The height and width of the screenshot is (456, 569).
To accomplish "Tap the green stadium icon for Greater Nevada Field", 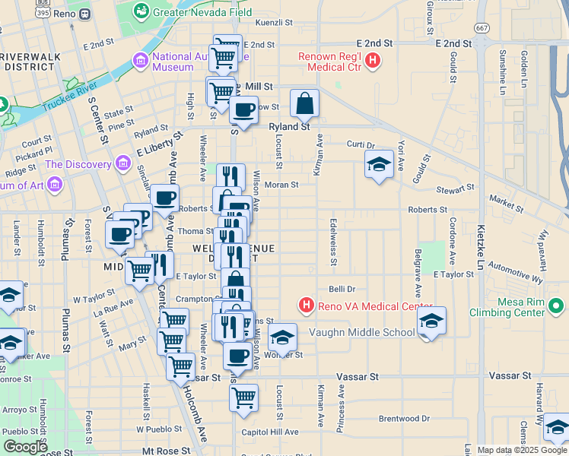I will point(141,11).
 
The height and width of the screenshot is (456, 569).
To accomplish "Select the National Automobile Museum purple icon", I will point(139,60).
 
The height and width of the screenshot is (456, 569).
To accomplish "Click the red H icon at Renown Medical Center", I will point(373,60).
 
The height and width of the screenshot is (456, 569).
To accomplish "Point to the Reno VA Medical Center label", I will point(370,306).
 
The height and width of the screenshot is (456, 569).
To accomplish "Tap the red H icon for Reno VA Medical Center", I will point(307,306).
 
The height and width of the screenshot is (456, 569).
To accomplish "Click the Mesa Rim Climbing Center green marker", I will point(557,306).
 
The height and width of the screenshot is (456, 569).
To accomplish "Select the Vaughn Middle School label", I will point(362,332).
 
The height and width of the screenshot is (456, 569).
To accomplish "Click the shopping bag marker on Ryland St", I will point(304,103).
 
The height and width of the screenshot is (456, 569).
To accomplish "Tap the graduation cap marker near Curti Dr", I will point(379,164).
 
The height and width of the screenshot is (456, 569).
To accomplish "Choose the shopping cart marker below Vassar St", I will point(243,397).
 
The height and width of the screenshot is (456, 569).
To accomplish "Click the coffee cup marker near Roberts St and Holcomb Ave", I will point(164,198).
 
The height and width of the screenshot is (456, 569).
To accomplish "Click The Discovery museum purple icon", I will point(122,164).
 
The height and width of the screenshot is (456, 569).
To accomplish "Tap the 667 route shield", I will point(482,27).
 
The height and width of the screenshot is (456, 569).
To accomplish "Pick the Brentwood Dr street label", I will point(404,418).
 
